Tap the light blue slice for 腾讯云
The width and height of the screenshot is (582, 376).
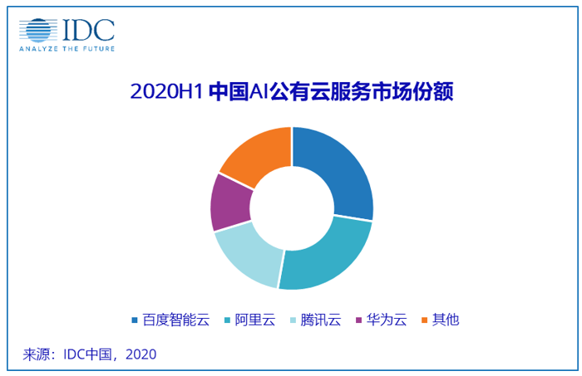click(x=249, y=257)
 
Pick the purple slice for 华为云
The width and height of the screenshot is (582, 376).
click(x=229, y=203)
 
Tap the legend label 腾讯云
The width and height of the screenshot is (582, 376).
click(x=321, y=320)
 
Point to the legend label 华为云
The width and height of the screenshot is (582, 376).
click(x=384, y=320)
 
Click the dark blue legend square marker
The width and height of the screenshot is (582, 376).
click(x=135, y=320)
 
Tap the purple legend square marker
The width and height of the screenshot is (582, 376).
click(x=358, y=320)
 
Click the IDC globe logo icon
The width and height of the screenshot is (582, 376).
click(x=38, y=30)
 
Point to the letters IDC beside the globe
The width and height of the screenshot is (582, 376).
click(x=88, y=29)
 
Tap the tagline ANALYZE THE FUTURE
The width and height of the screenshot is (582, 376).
click(x=67, y=50)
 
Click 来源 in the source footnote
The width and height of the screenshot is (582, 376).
click(x=37, y=354)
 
